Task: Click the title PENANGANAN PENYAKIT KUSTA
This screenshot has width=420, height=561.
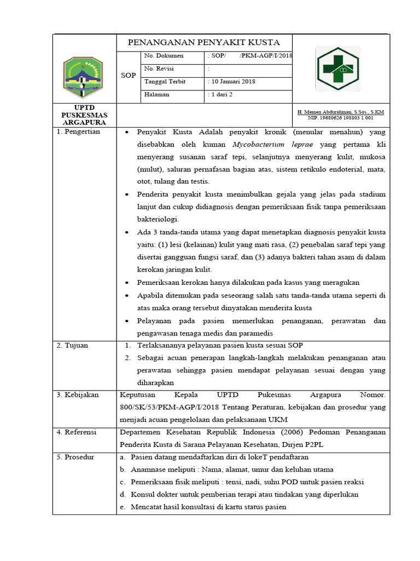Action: click(x=203, y=42)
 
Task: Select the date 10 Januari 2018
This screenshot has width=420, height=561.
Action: click(x=232, y=82)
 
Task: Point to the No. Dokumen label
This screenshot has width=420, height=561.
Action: click(x=164, y=56)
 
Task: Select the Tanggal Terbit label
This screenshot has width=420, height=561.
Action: click(x=165, y=82)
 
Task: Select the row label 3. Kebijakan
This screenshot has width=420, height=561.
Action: click(x=77, y=394)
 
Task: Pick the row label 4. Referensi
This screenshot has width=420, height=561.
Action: click(x=77, y=432)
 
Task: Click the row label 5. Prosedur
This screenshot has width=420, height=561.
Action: click(x=76, y=457)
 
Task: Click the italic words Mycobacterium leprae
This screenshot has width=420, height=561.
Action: click(x=267, y=145)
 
